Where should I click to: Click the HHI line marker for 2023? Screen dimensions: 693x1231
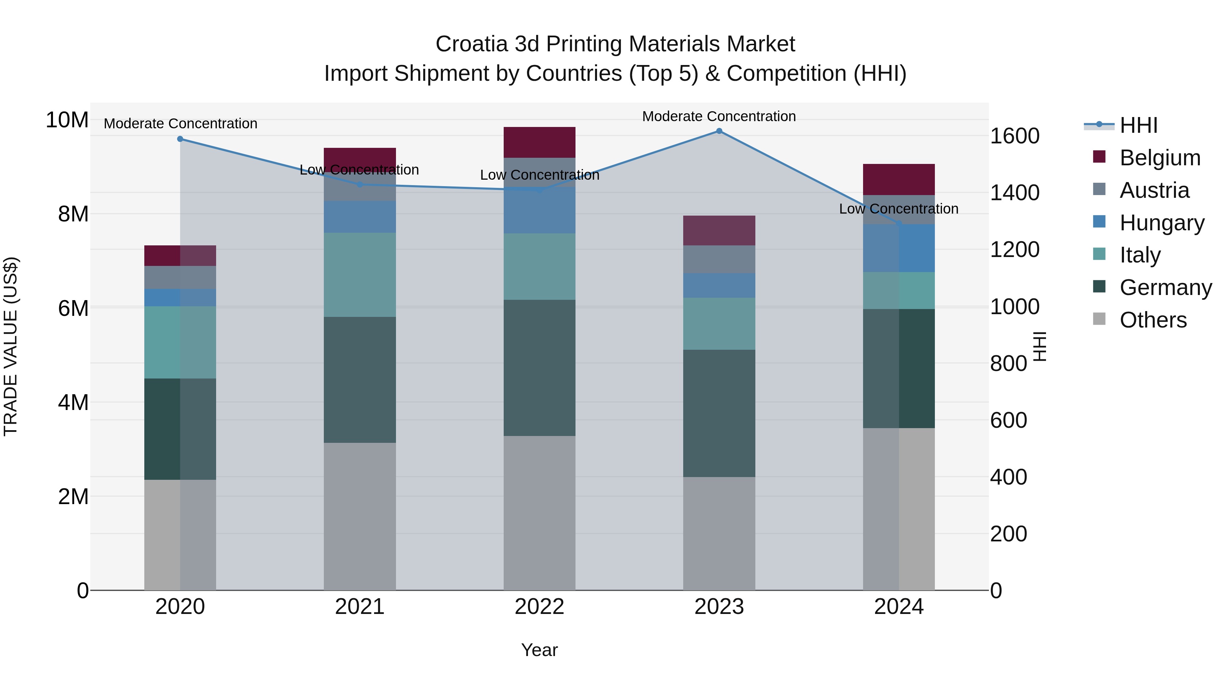click(x=719, y=131)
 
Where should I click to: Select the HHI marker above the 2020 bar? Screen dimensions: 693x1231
click(x=180, y=139)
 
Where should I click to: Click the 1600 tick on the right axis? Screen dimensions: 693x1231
click(x=1014, y=136)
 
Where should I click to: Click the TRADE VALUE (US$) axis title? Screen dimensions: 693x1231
click(x=11, y=346)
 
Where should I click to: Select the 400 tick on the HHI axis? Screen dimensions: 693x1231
click(x=1008, y=477)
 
